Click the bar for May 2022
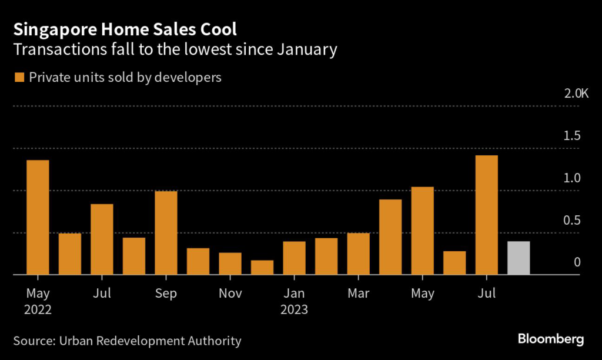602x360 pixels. [38, 217]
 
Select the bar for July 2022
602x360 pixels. [102, 239]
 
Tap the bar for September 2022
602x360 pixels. [166, 232]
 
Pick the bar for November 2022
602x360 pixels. [230, 264]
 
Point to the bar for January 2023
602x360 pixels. [294, 258]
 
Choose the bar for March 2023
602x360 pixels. [358, 254]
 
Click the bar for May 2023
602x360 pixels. [422, 231]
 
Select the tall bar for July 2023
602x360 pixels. [486, 215]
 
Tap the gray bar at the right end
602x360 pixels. [519, 258]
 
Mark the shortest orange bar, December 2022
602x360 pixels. [262, 267]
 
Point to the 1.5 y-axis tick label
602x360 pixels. [572, 136]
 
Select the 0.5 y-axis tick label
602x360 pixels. [572, 220]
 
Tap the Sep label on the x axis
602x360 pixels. [166, 293]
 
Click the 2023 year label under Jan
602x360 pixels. [294, 309]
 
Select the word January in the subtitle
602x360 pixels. [303, 49]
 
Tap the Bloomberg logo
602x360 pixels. [550, 339]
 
